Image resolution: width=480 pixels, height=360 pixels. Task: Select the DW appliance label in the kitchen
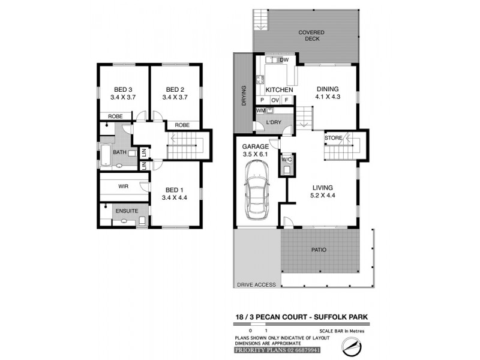click(284, 60)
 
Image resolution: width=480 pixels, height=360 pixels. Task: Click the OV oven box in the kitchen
click(275, 100)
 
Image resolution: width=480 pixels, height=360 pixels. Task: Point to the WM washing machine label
click(260, 110)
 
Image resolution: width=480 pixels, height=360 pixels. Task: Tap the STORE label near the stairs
click(333, 138)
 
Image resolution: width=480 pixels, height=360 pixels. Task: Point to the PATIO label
click(319, 250)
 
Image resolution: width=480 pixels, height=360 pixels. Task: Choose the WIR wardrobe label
click(124, 187)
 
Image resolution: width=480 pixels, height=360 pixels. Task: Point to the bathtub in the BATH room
click(105, 155)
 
